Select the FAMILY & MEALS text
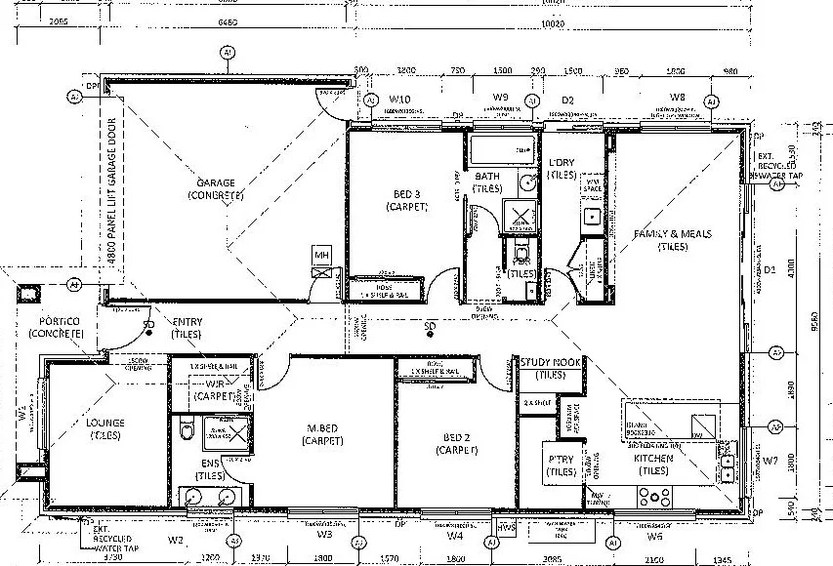[673, 234]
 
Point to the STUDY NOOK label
[552, 361]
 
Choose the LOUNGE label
[105, 423]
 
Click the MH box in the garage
[322, 256]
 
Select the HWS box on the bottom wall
[505, 528]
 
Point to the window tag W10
[398, 100]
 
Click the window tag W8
[677, 97]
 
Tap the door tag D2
[567, 100]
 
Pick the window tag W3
[324, 535]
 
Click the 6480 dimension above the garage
[227, 22]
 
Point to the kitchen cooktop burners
[653, 496]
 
